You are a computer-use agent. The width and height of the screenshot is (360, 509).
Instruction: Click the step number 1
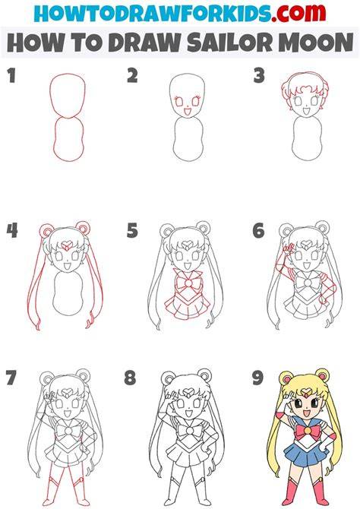click(x=11, y=76)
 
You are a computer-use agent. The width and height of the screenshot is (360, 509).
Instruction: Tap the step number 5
click(x=132, y=230)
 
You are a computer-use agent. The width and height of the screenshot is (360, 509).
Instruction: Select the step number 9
click(x=257, y=378)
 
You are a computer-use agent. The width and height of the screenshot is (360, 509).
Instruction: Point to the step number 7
click(x=11, y=378)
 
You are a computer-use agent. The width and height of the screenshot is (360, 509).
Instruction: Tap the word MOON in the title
click(x=316, y=43)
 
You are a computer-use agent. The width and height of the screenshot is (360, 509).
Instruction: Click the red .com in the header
click(x=298, y=13)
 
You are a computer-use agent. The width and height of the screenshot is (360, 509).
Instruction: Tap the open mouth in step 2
click(x=188, y=112)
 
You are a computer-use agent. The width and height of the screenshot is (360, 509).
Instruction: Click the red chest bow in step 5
click(x=188, y=283)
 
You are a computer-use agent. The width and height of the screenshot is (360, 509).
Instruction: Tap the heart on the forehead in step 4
click(x=68, y=243)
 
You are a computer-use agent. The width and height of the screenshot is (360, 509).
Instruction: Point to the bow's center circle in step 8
click(x=188, y=431)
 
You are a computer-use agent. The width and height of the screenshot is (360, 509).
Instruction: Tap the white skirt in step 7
click(x=67, y=453)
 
